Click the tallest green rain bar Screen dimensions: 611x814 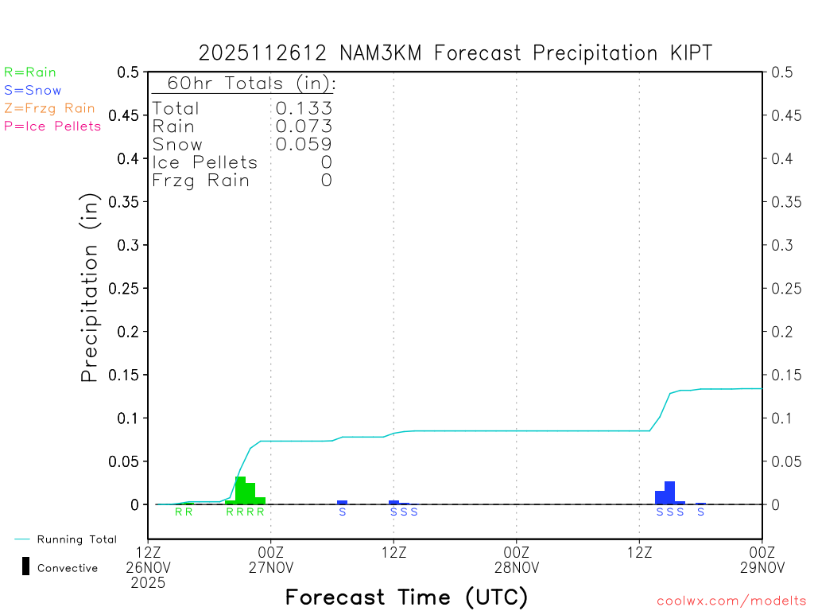240,490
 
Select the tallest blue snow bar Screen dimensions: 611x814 669,492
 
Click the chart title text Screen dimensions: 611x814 455,53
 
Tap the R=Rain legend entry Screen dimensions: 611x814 30,72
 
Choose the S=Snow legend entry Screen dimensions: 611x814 33,91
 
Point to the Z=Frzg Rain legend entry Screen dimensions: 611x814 49,108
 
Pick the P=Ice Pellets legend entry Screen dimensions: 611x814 52,126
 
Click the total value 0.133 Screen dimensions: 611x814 304,108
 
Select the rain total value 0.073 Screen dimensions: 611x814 304,126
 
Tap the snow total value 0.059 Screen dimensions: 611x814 304,144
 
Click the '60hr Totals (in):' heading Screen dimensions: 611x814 244,84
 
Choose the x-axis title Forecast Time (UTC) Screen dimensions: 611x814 406,597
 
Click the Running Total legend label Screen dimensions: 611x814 76,539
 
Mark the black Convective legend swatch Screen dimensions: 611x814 26,566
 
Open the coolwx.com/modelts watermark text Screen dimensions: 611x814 731,601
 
